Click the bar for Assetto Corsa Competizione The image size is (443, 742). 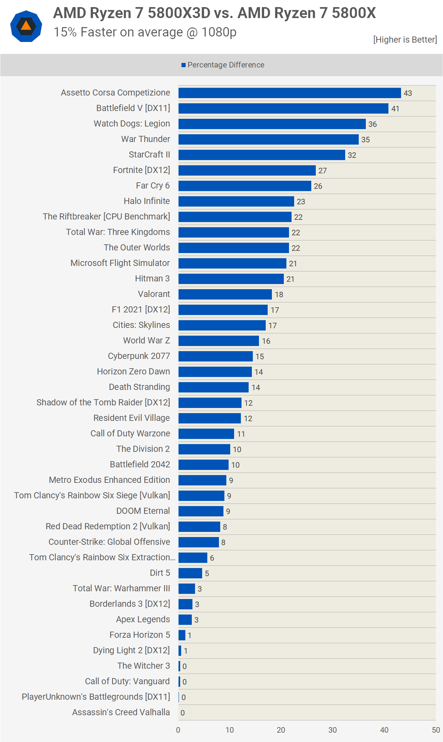[290, 93]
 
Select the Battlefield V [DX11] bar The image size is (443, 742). [283, 108]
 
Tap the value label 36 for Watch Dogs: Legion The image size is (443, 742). [373, 124]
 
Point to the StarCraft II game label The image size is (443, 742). [149, 155]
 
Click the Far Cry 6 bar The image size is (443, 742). [245, 186]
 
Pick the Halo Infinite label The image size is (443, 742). [147, 201]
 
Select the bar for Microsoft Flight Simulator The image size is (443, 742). [232, 263]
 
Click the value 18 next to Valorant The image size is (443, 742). [279, 295]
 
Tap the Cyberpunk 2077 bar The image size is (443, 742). [215, 356]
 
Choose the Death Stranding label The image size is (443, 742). [139, 387]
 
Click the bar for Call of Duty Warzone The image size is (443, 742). [206, 434]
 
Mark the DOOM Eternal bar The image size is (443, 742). [201, 511]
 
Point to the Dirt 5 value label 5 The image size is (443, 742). [207, 574]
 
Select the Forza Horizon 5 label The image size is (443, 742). [139, 635]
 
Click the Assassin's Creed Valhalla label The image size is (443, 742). [121, 712]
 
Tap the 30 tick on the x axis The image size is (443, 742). [333, 730]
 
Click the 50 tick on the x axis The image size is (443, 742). [436, 730]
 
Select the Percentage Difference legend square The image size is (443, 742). [183, 65]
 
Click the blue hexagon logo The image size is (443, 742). [26, 26]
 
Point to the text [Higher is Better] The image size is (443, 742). [405, 40]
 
